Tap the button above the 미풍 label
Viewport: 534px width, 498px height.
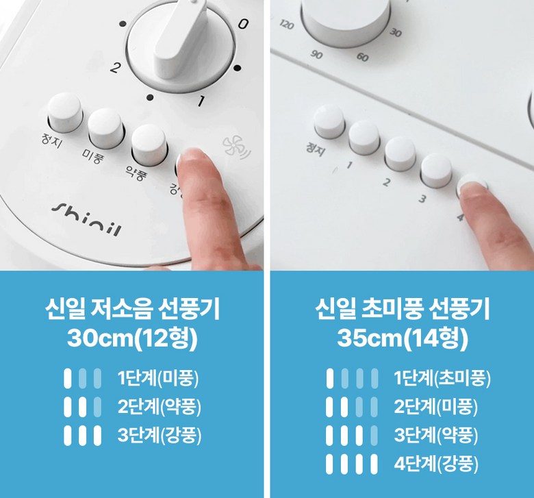click(106, 128)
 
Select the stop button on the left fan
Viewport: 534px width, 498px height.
click(65, 112)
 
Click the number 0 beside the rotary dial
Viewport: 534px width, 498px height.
click(243, 24)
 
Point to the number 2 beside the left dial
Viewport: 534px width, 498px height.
click(115, 69)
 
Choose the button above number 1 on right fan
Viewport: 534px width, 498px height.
click(364, 138)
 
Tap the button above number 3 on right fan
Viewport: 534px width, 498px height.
click(437, 171)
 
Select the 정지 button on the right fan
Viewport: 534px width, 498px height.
click(329, 121)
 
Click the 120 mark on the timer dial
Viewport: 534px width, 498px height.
click(287, 25)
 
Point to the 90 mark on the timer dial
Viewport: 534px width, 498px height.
click(316, 55)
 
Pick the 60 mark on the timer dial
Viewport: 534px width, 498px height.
click(362, 57)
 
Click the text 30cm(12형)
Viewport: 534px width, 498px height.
click(133, 338)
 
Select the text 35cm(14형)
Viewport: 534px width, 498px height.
click(403, 338)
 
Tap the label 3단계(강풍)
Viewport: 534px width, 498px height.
click(160, 435)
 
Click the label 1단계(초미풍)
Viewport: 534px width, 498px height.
click(442, 378)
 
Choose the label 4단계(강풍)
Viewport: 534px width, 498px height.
click(436, 464)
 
